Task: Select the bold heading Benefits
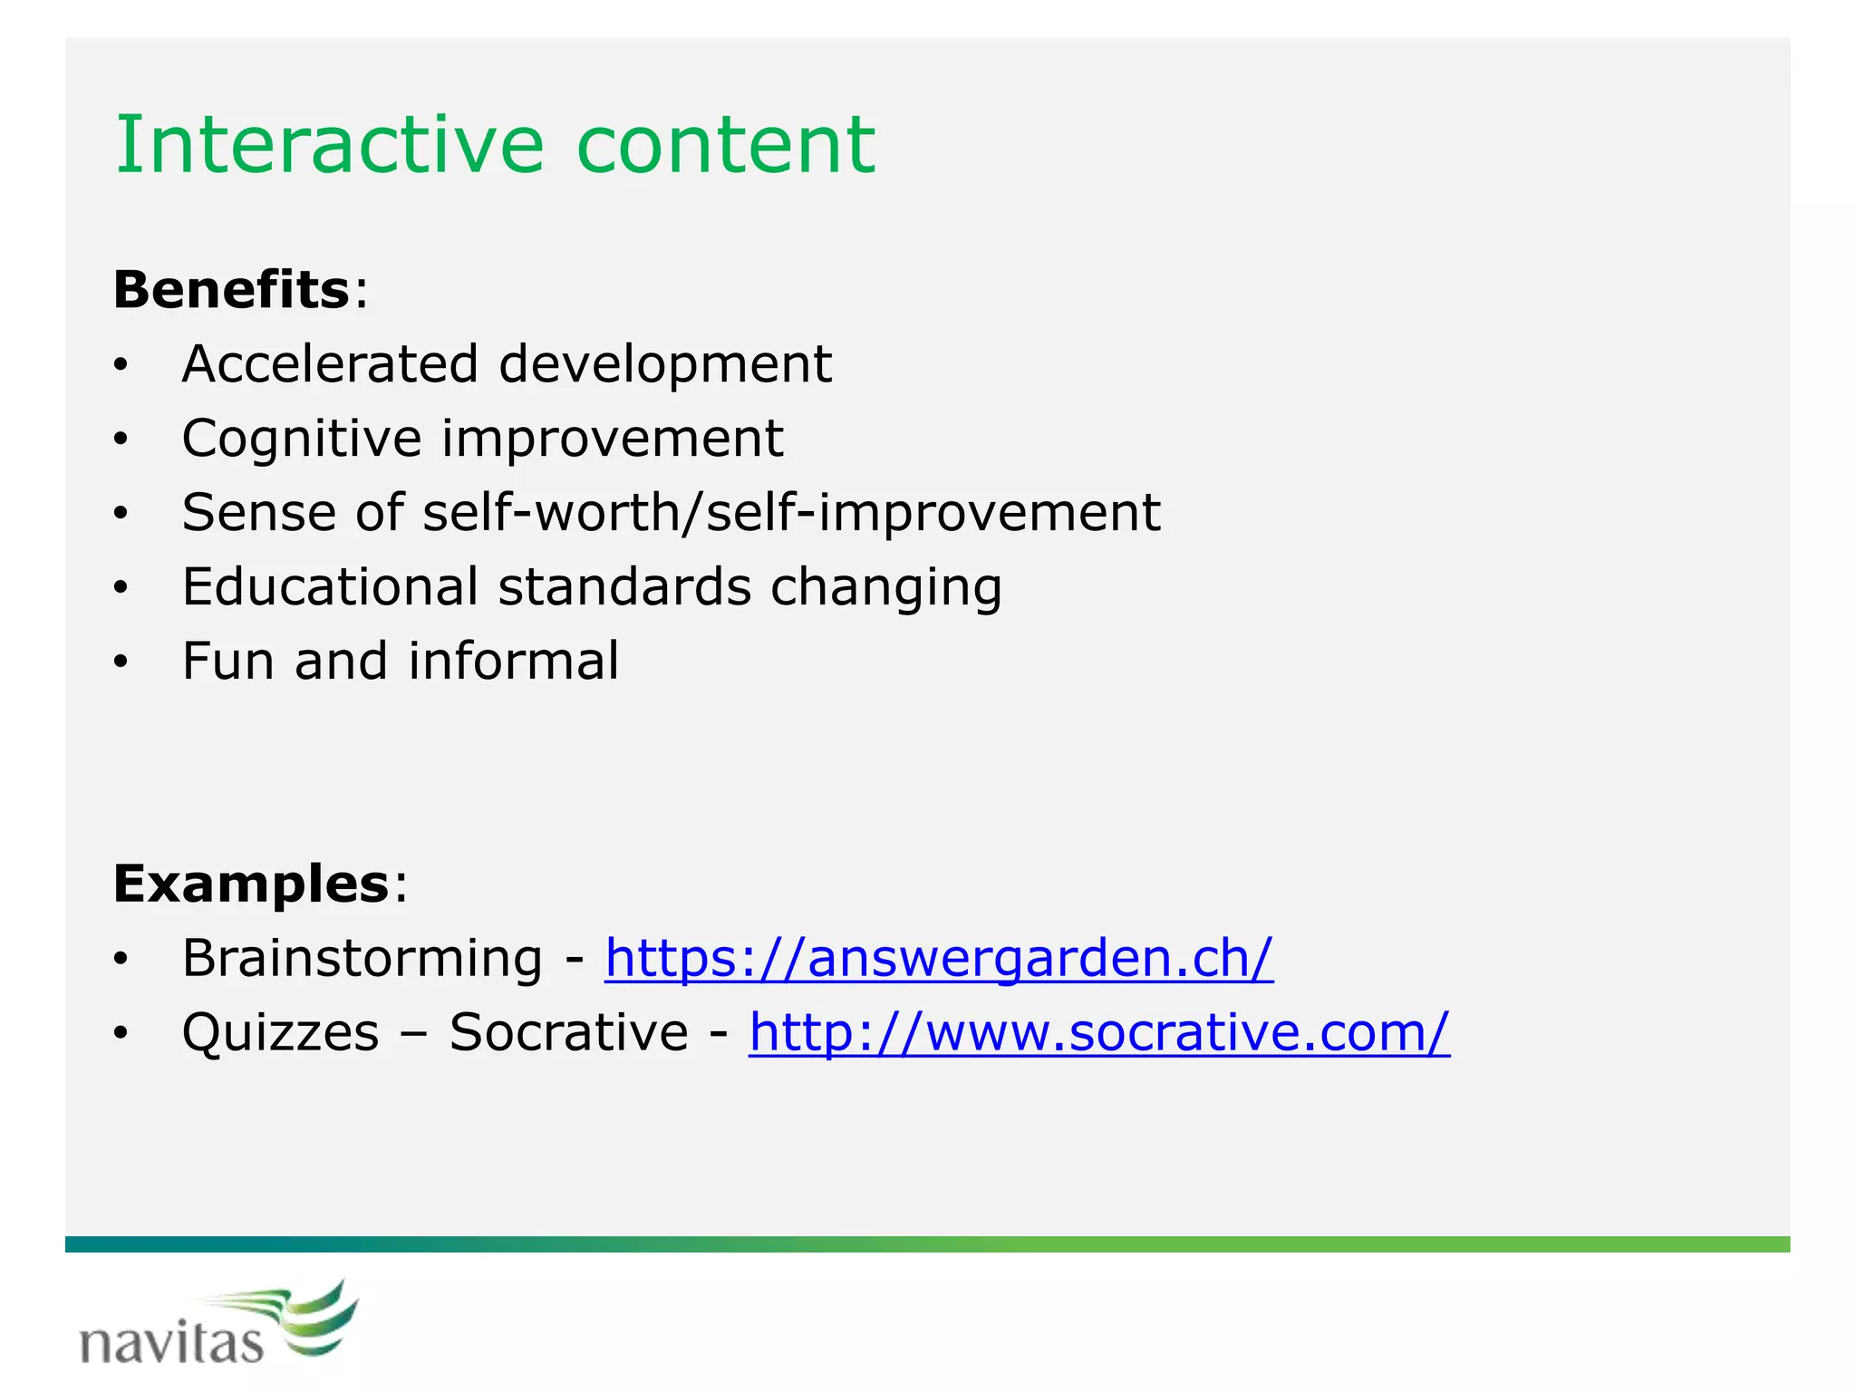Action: [x=231, y=290]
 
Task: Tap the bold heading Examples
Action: [x=251, y=884]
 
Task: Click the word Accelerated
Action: [x=330, y=364]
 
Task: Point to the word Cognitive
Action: [x=302, y=440]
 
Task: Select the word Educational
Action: [x=330, y=587]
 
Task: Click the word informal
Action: [x=514, y=662]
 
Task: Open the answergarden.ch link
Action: [x=939, y=959]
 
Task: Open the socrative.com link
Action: [x=1099, y=1033]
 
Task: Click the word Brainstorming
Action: [x=362, y=959]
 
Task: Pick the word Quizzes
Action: [x=280, y=1033]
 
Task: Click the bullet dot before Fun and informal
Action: [x=121, y=663]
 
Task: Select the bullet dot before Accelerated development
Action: [x=121, y=366]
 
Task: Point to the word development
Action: [x=664, y=364]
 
